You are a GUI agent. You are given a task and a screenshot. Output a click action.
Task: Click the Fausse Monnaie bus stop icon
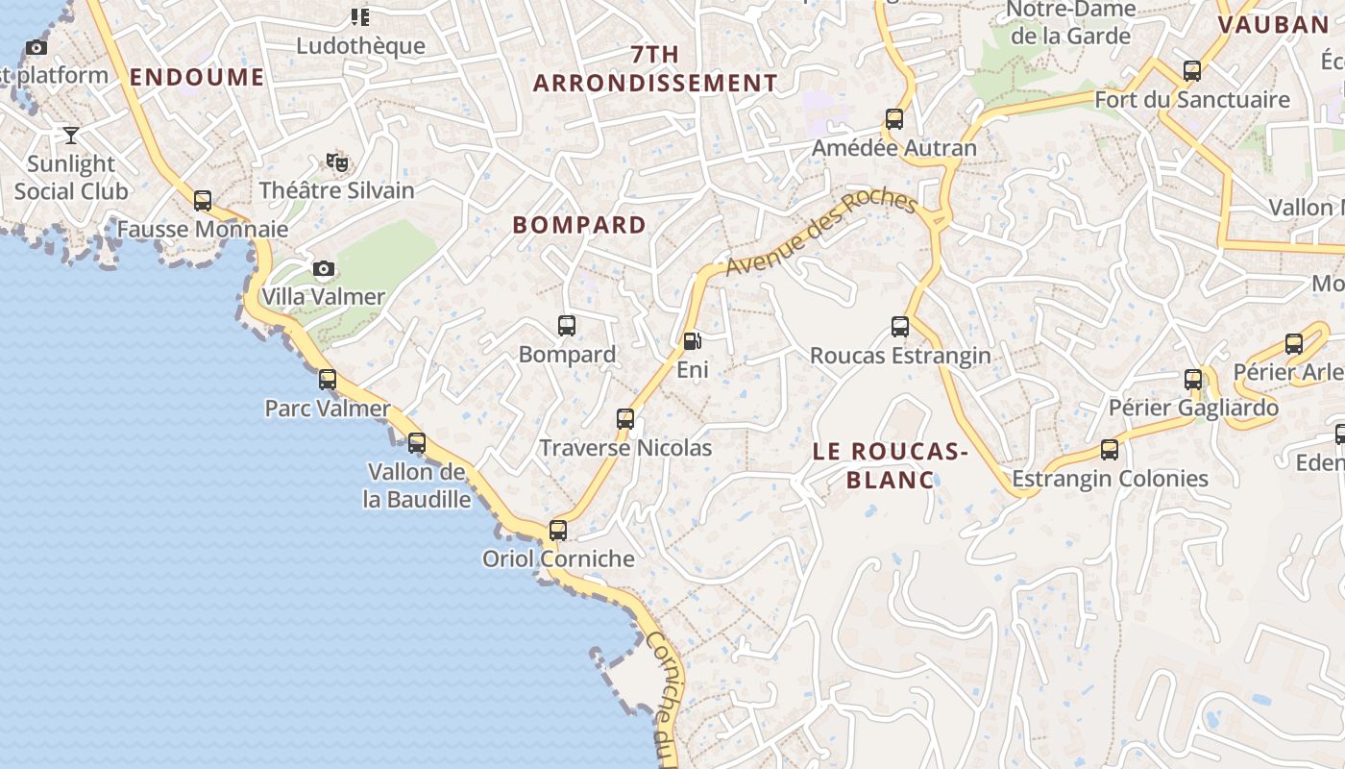pyautogui.click(x=203, y=201)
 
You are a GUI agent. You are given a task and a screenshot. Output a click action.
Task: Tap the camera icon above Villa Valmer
pyautogui.click(x=324, y=268)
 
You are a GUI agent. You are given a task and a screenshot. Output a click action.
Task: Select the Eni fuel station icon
pyautogui.click(x=691, y=340)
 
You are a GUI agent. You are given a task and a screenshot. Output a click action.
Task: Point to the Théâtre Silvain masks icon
pyautogui.click(x=336, y=161)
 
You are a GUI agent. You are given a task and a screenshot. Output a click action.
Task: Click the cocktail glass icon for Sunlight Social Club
pyautogui.click(x=71, y=135)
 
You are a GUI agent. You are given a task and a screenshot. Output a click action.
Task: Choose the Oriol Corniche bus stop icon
pyautogui.click(x=558, y=530)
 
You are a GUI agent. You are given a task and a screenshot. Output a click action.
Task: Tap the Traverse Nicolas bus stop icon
pyautogui.click(x=625, y=418)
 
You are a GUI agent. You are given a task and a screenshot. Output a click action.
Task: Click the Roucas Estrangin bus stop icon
pyautogui.click(x=900, y=327)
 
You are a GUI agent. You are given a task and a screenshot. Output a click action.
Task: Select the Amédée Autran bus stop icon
pyautogui.click(x=894, y=119)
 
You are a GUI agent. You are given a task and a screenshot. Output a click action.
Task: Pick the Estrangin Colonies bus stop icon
pyautogui.click(x=1110, y=449)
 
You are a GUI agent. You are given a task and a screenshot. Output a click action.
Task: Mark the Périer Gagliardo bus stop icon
pyautogui.click(x=1193, y=379)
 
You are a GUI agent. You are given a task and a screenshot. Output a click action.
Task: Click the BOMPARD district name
pyautogui.click(x=579, y=225)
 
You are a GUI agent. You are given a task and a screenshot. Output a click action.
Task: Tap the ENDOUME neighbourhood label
pyautogui.click(x=197, y=77)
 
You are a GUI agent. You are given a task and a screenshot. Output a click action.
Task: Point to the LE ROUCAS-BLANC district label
pyautogui.click(x=889, y=465)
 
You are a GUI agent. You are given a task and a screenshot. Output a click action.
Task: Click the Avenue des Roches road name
pyautogui.click(x=820, y=232)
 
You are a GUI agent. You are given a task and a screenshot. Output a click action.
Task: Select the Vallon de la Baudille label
pyautogui.click(x=419, y=485)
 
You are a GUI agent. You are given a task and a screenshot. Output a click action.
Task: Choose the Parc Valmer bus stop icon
pyautogui.click(x=328, y=380)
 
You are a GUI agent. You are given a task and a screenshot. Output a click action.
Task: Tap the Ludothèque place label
pyautogui.click(x=360, y=45)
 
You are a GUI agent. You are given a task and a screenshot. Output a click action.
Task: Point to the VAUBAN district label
pyautogui.click(x=1272, y=25)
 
